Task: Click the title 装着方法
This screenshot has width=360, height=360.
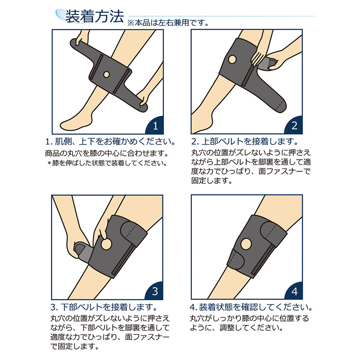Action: (x=94, y=16)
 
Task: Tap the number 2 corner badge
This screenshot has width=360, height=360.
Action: (x=294, y=126)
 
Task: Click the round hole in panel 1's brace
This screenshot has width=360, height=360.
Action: (x=106, y=74)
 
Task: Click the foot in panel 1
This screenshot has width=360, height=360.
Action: (x=74, y=122)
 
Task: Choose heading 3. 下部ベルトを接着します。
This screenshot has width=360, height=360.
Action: (x=104, y=308)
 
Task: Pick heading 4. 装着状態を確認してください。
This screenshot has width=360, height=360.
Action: (x=251, y=308)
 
